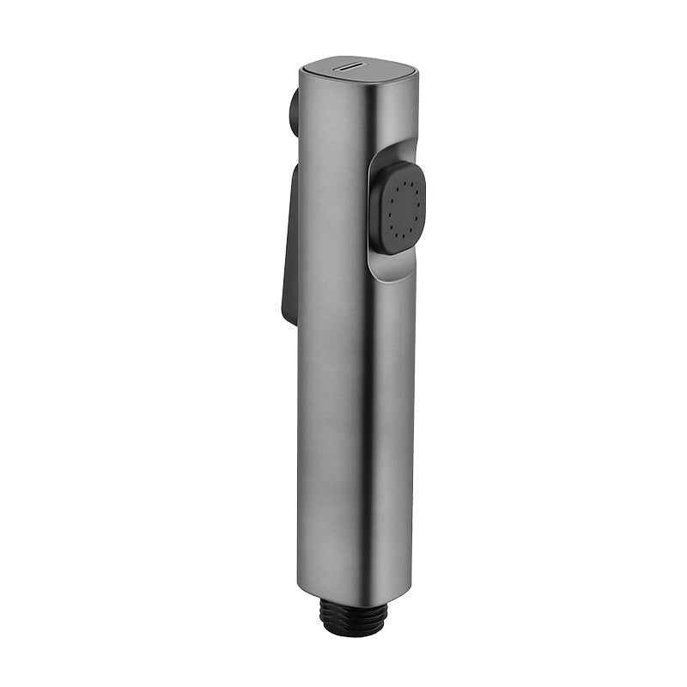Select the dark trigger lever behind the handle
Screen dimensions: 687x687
[285, 240]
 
